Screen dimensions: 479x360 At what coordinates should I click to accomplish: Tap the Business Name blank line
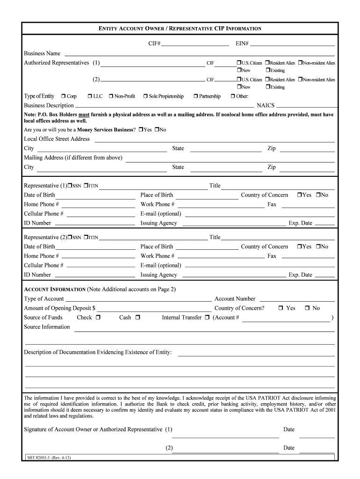(x=199, y=53)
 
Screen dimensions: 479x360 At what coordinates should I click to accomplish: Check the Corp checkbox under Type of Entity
(x=63, y=96)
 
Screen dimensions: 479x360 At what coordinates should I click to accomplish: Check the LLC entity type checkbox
(x=89, y=96)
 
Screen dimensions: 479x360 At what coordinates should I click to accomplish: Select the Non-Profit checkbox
(x=111, y=96)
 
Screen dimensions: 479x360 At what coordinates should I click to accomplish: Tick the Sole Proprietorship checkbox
(x=145, y=96)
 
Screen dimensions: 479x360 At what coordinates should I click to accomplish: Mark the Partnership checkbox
(x=195, y=96)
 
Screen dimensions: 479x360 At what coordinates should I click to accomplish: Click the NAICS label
(x=266, y=105)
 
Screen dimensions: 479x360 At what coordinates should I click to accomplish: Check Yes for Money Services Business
(x=141, y=130)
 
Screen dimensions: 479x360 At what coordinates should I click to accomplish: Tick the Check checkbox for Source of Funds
(x=98, y=318)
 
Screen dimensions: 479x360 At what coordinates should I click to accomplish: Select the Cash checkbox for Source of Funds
(x=138, y=318)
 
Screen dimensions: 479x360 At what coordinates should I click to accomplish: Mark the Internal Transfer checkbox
(x=207, y=318)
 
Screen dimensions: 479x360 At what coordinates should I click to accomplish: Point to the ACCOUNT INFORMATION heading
(x=55, y=290)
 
